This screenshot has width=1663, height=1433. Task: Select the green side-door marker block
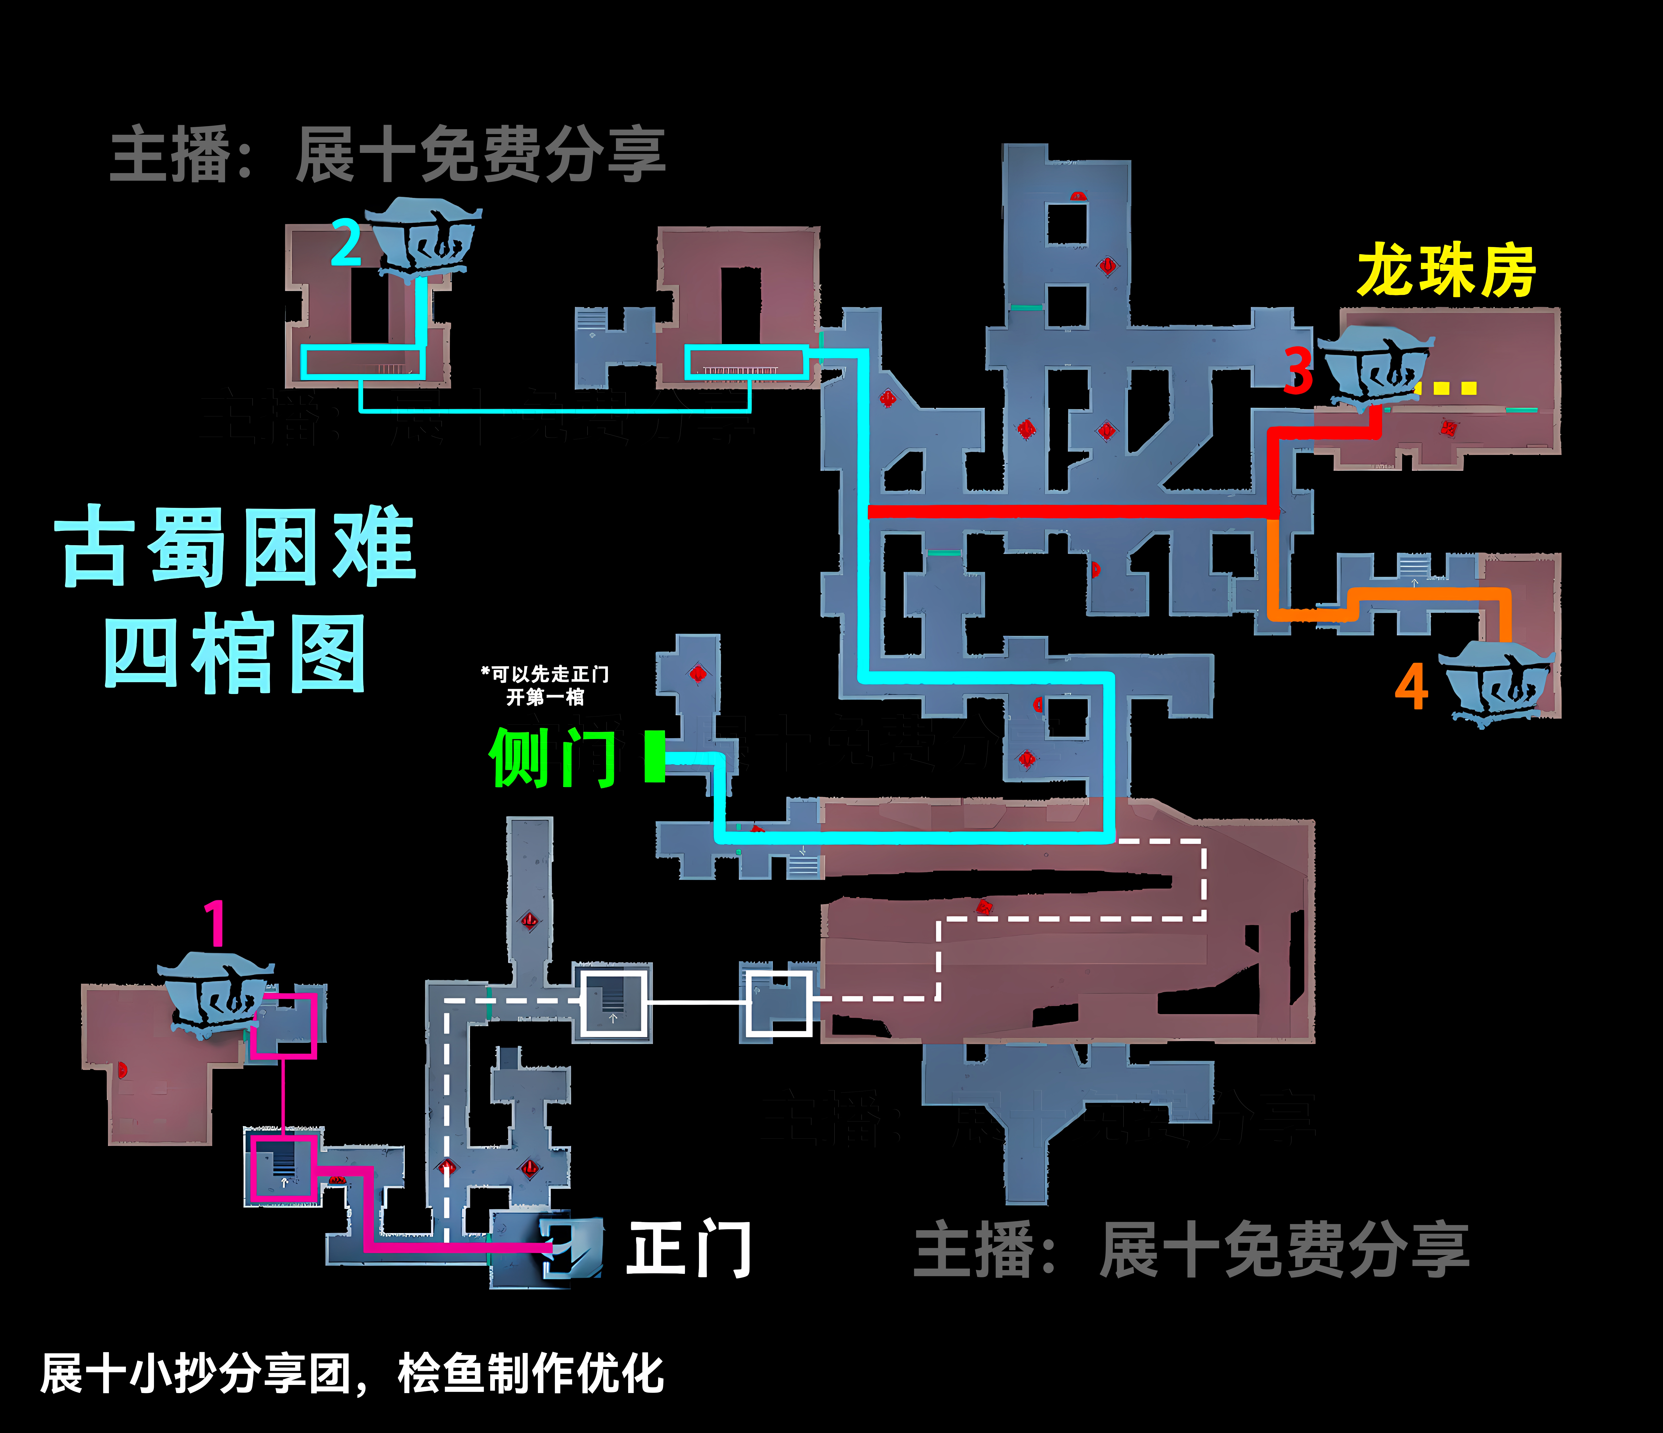coord(655,756)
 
